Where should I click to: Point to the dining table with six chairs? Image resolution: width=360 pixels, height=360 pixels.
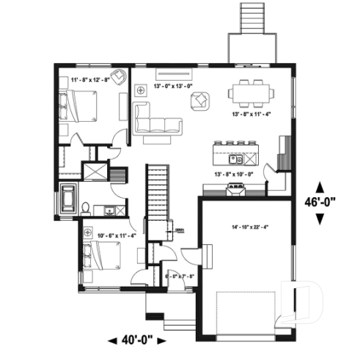point(251,92)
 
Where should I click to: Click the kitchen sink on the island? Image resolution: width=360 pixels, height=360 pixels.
point(235,158)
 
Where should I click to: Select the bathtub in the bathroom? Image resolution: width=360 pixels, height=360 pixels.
point(70,199)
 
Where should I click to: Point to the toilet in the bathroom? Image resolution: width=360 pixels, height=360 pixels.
point(87,208)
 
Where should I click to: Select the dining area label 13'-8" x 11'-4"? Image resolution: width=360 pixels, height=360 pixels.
point(251,114)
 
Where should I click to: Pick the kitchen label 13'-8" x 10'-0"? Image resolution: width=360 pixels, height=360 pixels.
point(234,174)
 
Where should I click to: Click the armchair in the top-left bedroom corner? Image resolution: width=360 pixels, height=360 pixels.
point(120,76)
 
